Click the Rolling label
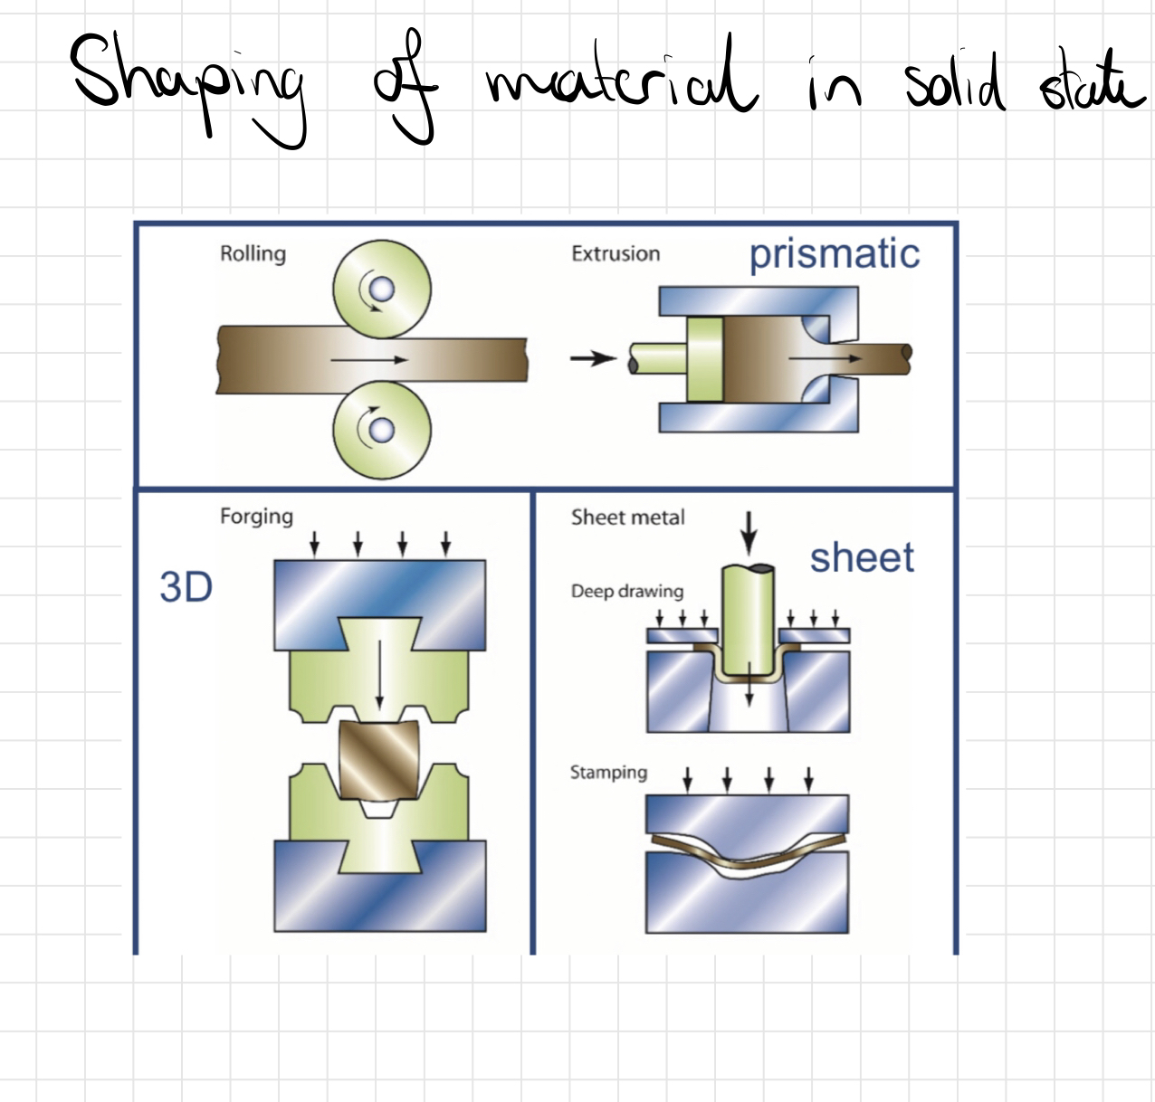pyautogui.click(x=253, y=253)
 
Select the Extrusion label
pyautogui.click(x=616, y=253)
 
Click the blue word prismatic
pyautogui.click(x=834, y=254)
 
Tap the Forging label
pyautogui.click(x=256, y=517)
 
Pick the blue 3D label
pyautogui.click(x=186, y=587)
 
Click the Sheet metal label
pyautogui.click(x=627, y=518)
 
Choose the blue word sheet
pyautogui.click(x=861, y=558)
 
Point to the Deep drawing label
pyautogui.click(x=626, y=591)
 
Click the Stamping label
pyautogui.click(x=608, y=773)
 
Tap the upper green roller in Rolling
pyautogui.click(x=382, y=290)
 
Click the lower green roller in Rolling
pyautogui.click(x=382, y=429)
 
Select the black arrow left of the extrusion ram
pyautogui.click(x=593, y=358)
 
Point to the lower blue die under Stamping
pyautogui.click(x=748, y=900)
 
